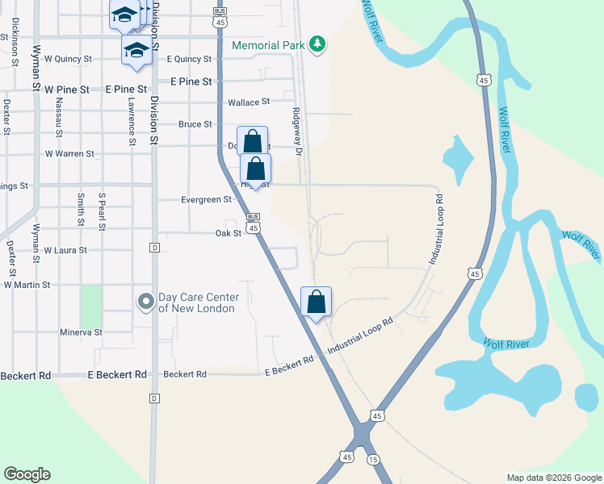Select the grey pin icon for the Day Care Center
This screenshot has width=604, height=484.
(x=145, y=302)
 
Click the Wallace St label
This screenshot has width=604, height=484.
(x=248, y=102)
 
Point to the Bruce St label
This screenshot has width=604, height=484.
(x=195, y=124)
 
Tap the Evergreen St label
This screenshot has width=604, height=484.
(x=205, y=199)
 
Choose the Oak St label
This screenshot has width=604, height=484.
(x=229, y=233)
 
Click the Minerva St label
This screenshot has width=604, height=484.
(x=81, y=332)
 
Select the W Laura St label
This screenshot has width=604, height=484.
(x=65, y=250)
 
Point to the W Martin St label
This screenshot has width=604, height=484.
(x=27, y=285)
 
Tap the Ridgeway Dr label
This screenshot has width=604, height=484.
(x=296, y=134)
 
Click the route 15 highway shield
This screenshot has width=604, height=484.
(x=373, y=459)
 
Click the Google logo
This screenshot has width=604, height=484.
(x=27, y=474)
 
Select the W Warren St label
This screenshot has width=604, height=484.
(x=69, y=153)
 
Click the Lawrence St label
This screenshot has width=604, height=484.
(x=131, y=116)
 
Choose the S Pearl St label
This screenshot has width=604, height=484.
(x=102, y=211)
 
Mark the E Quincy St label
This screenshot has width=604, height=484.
(x=188, y=59)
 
